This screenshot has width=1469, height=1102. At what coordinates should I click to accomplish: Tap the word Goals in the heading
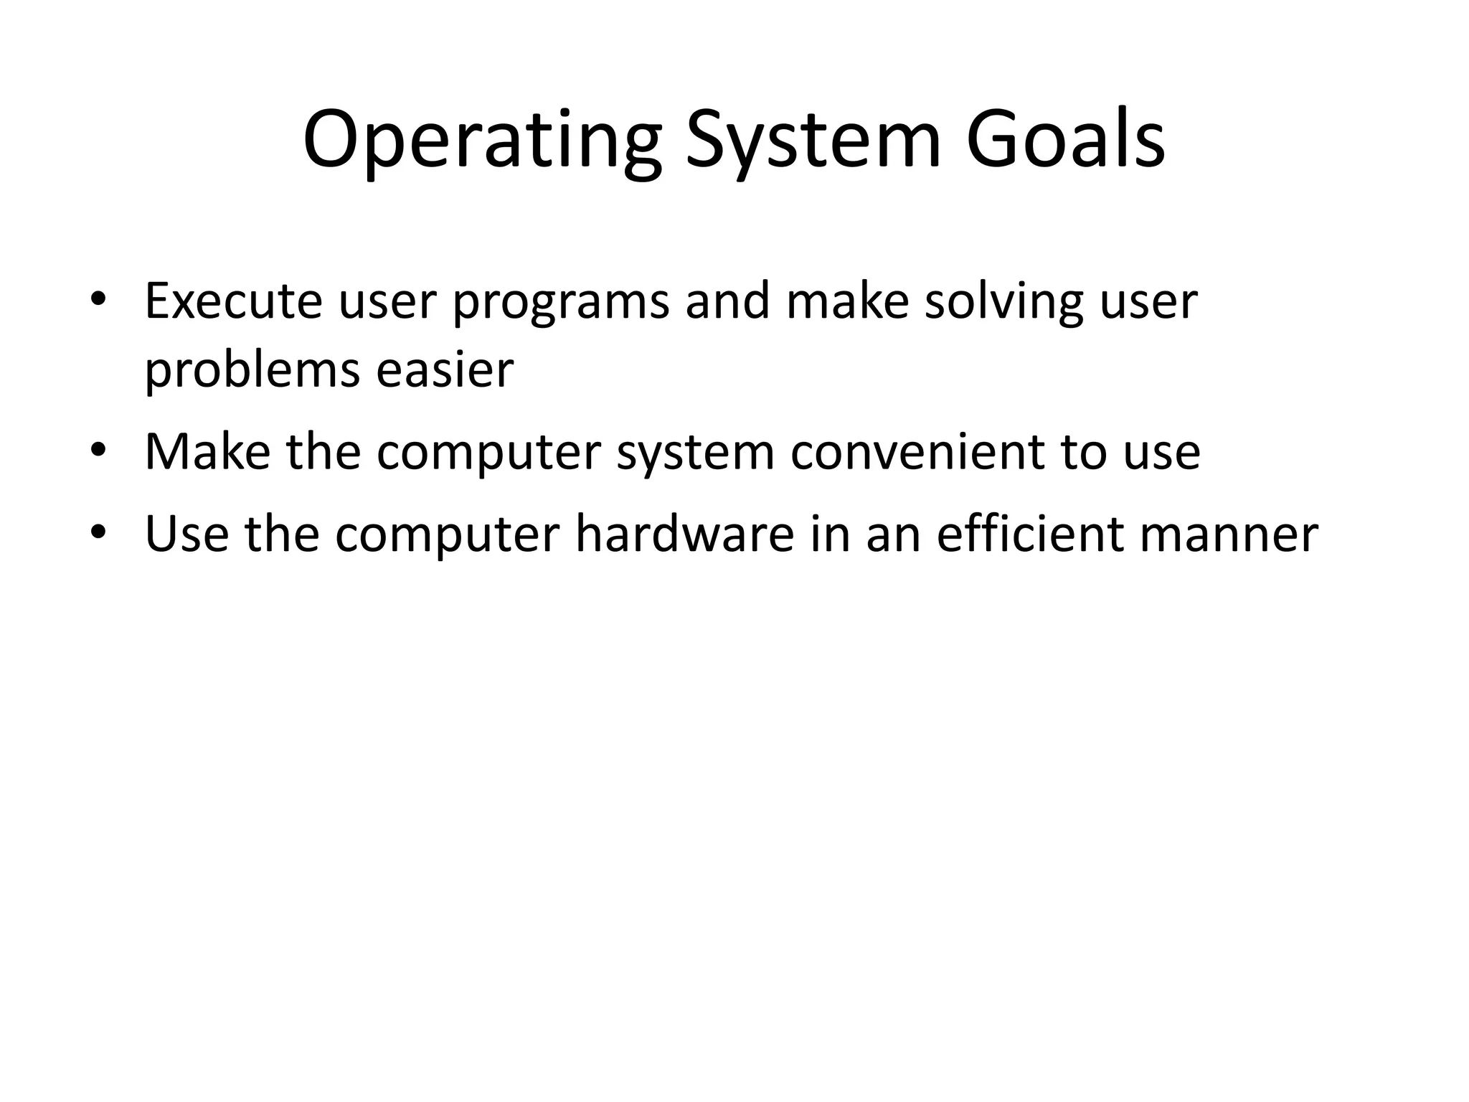(x=1064, y=141)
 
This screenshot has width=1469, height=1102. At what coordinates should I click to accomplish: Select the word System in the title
(x=812, y=141)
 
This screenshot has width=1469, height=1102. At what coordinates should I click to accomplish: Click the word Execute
(x=233, y=301)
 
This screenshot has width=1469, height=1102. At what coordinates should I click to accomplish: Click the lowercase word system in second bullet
(x=695, y=453)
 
